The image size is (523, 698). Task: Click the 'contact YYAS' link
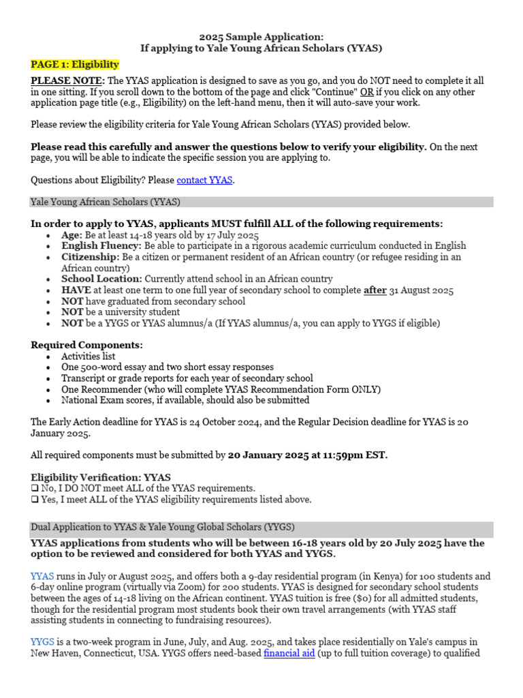coord(204,181)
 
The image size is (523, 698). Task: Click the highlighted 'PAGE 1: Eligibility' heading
coord(75,65)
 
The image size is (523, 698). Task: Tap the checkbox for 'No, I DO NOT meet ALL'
coord(34,489)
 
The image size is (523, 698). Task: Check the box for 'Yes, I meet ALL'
coord(34,500)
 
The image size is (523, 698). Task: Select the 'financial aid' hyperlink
coord(289,653)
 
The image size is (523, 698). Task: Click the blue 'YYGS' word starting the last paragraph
coord(42,642)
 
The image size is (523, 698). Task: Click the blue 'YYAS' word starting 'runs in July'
coord(42,576)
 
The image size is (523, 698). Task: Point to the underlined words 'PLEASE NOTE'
coord(66,80)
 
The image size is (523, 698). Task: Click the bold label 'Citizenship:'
coord(89,257)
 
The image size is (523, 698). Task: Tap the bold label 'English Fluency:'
coord(101,246)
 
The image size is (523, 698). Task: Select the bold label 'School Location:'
coord(101,279)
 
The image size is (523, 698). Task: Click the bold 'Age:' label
coord(73,235)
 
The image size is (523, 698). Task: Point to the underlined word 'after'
coord(375,290)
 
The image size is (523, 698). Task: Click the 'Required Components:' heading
coord(87,345)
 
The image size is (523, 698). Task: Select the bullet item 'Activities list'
coord(89,356)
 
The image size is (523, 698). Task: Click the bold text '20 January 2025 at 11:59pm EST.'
coord(308,455)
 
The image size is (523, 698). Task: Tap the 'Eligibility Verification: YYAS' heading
coord(101,477)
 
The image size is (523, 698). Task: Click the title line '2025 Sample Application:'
coord(261,37)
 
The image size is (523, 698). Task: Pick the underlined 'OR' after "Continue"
coord(366,92)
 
